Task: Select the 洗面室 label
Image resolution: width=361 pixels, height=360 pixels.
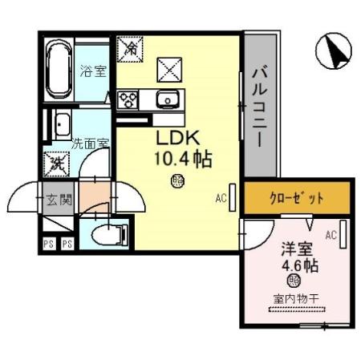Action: [x=90, y=145]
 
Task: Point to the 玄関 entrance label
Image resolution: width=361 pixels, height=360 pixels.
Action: [x=59, y=199]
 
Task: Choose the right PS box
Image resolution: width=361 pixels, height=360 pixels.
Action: [x=67, y=244]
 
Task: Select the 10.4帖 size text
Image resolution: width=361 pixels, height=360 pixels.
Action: [x=182, y=159]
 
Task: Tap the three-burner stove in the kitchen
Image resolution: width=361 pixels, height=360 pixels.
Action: [x=128, y=100]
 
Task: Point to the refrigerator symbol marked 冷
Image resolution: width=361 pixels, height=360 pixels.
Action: [x=129, y=49]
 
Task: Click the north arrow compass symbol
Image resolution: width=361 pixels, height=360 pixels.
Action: [x=335, y=53]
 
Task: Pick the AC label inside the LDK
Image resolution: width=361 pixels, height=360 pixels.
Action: [x=221, y=196]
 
